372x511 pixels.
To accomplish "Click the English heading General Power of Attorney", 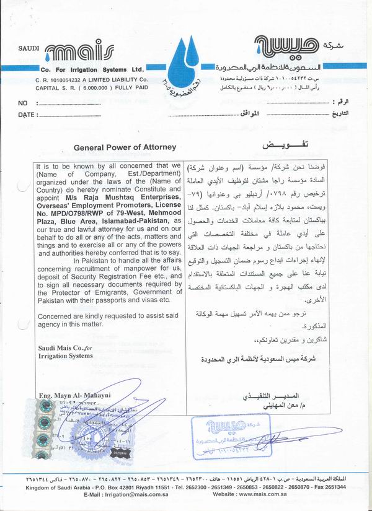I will click(x=125, y=147).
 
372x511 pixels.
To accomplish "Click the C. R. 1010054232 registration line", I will click(x=91, y=81).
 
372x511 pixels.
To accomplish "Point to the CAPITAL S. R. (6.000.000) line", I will click(x=91, y=88).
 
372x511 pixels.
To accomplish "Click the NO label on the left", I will click(x=23, y=103).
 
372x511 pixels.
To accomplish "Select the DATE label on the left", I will click(x=26, y=115).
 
